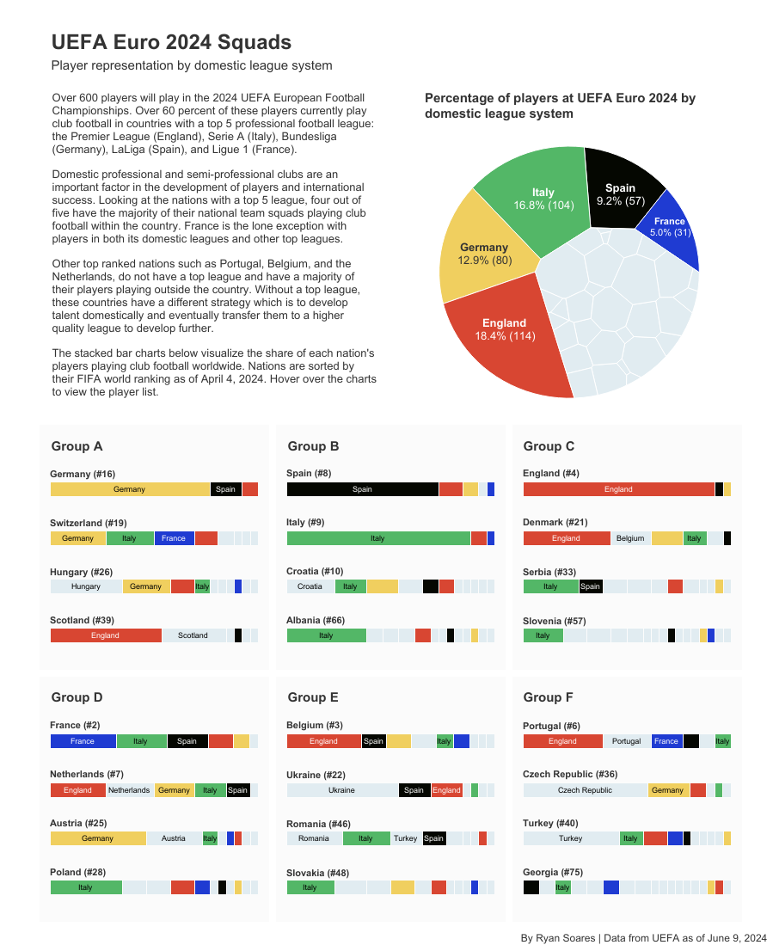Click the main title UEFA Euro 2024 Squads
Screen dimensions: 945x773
[x=171, y=42]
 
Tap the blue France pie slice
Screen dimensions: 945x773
[x=666, y=228]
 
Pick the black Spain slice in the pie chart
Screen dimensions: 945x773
[x=619, y=193]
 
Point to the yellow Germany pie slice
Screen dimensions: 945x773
[x=483, y=253]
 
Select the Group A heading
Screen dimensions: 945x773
[x=77, y=446]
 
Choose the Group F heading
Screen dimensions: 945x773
[x=549, y=697]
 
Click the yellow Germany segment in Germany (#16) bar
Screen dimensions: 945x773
[x=130, y=489]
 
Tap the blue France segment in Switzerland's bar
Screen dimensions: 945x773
[x=174, y=538]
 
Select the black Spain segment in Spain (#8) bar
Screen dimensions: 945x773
[x=362, y=489]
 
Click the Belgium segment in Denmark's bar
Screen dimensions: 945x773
[x=630, y=538]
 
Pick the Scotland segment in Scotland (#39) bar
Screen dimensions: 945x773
[x=193, y=635]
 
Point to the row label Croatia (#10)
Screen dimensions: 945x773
[x=315, y=571]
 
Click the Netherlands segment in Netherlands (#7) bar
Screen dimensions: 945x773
[x=129, y=790]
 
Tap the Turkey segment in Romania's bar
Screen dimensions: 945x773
[x=405, y=838]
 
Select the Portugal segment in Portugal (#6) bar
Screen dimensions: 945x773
[x=627, y=741]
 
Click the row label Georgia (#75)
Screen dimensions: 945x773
[x=551, y=872]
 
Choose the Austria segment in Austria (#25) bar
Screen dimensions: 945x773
[x=174, y=838]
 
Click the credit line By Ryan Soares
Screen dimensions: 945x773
[x=643, y=937]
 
